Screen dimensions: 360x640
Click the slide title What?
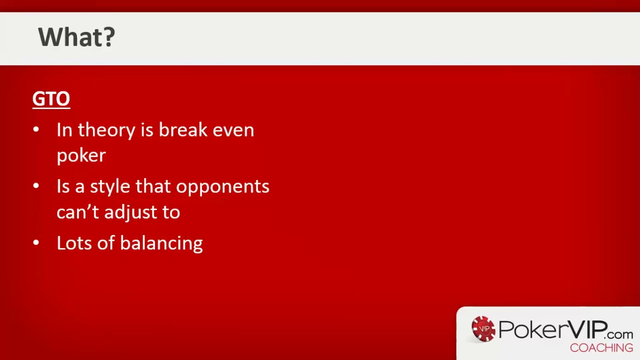pos(76,37)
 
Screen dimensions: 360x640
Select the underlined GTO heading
pos(51,99)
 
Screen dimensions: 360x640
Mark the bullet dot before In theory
pos(36,130)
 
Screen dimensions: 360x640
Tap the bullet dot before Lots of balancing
pos(36,243)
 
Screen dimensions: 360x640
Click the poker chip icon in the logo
pos(483,329)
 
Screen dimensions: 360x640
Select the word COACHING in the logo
pos(601,348)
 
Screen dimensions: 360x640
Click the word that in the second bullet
pos(153,186)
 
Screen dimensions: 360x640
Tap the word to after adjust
pos(171,212)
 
